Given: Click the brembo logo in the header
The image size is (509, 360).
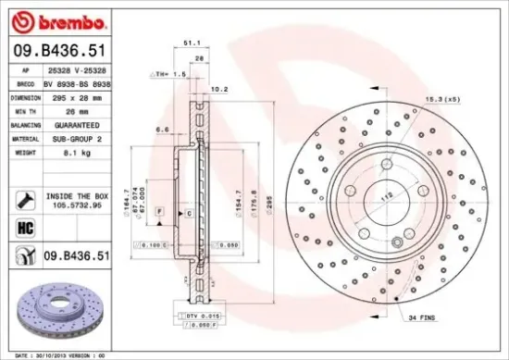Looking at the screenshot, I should coord(57,21).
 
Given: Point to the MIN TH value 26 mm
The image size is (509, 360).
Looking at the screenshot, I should coord(68,109).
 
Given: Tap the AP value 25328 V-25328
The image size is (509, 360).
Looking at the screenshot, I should coord(79,69).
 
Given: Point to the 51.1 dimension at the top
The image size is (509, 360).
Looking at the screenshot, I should coord(192,43).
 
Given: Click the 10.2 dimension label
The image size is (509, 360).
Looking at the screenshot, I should coord(220,90).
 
